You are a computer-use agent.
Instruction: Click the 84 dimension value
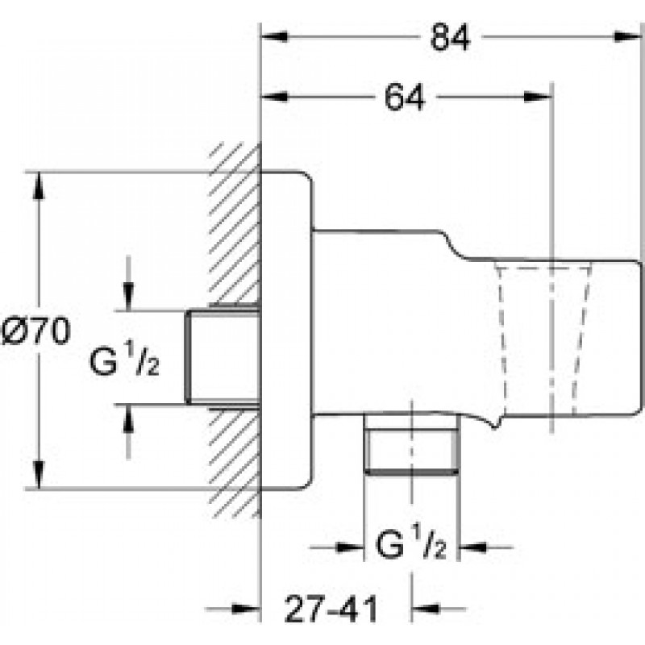pyautogui.click(x=450, y=37)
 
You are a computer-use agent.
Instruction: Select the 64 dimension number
pyautogui.click(x=404, y=98)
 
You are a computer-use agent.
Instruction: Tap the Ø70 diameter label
pyautogui.click(x=36, y=331)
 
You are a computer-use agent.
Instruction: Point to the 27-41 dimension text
pyautogui.click(x=331, y=609)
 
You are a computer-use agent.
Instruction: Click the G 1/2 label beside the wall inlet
pyautogui.click(x=124, y=360)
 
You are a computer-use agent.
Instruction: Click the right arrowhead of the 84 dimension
pyautogui.click(x=628, y=36)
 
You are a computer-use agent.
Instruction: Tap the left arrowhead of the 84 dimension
pyautogui.click(x=275, y=36)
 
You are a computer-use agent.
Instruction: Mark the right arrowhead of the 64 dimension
pyautogui.click(x=537, y=97)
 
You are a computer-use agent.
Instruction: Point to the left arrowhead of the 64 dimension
pyautogui.click(x=275, y=97)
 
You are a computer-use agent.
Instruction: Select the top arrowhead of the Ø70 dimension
pyautogui.click(x=39, y=185)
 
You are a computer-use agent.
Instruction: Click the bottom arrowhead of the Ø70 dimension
pyautogui.click(x=39, y=475)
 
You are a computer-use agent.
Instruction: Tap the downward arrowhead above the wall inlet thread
pyautogui.click(x=129, y=297)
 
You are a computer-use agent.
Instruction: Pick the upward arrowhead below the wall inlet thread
pyautogui.click(x=129, y=418)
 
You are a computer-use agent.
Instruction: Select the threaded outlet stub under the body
pyautogui.click(x=411, y=444)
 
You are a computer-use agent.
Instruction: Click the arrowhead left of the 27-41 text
pyautogui.click(x=246, y=609)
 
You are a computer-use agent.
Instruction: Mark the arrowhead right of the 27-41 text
pyautogui.click(x=426, y=609)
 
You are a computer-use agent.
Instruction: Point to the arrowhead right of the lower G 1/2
pyautogui.click(x=473, y=547)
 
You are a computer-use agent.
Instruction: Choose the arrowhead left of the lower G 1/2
pyautogui.click(x=350, y=547)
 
